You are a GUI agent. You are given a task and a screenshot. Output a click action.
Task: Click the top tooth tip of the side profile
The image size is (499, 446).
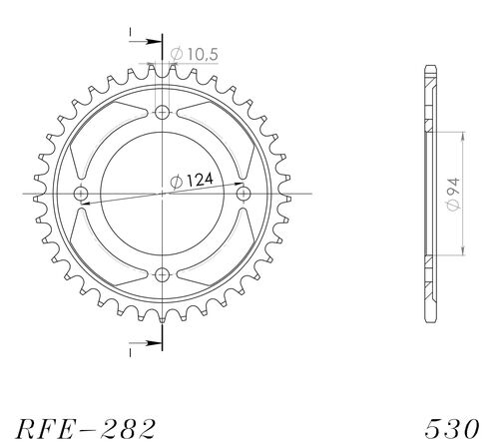click(x=429, y=68)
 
